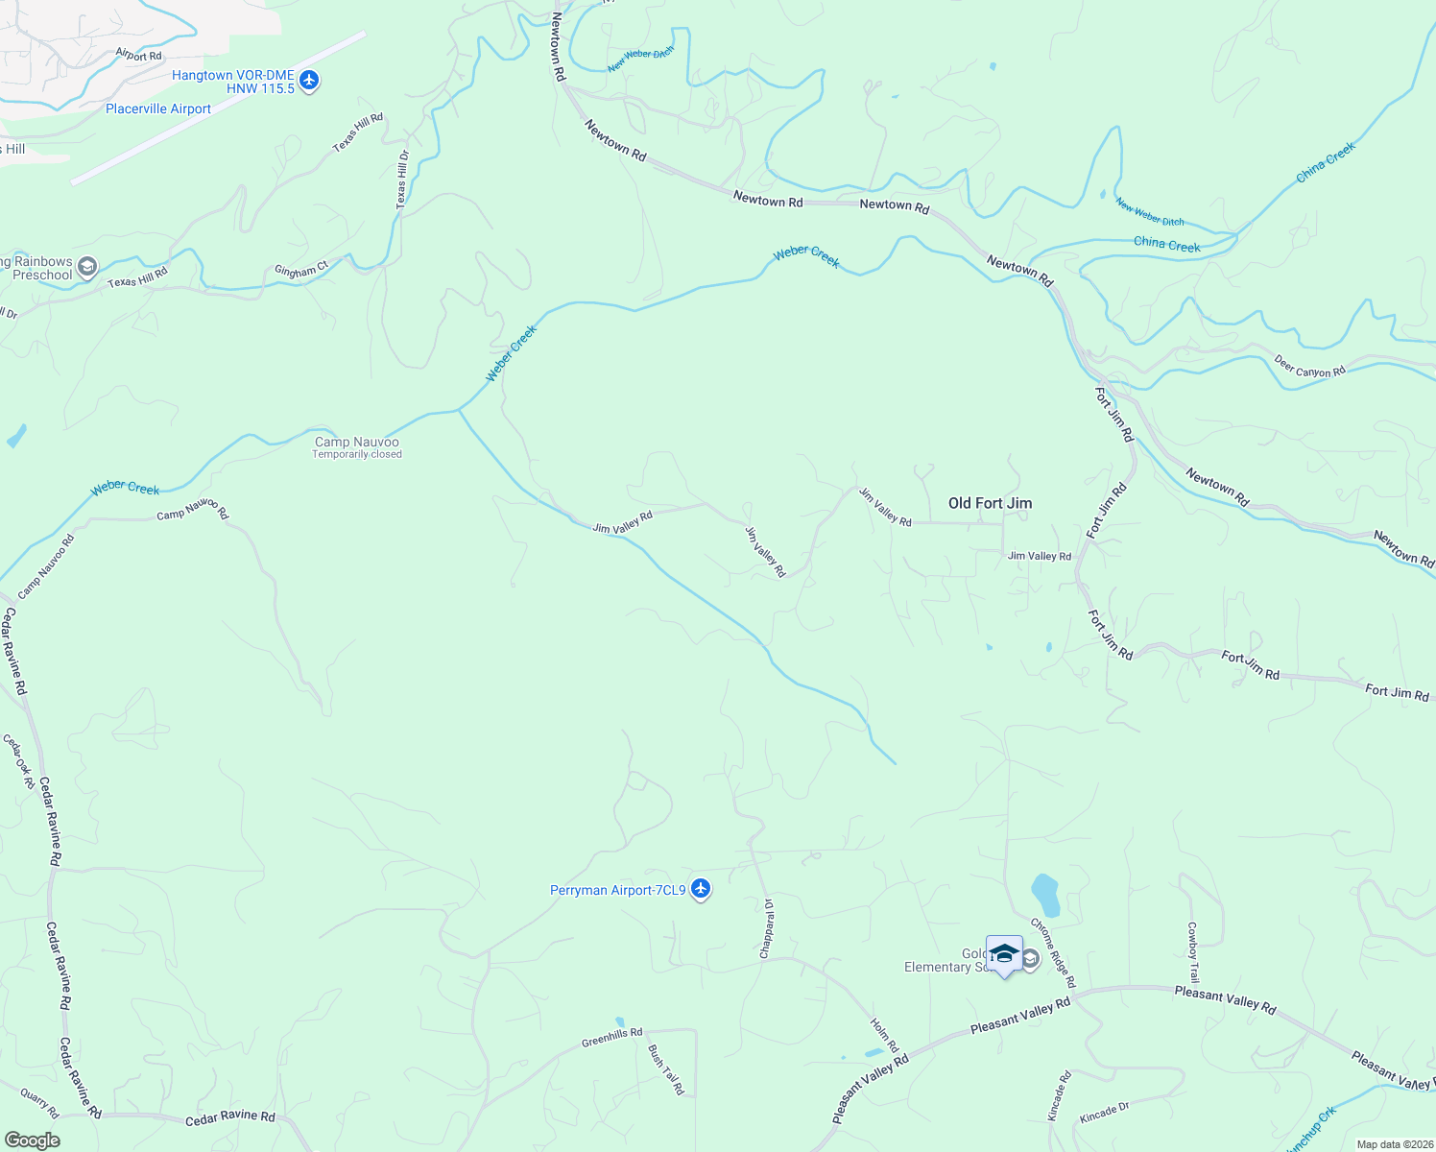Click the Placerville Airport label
(x=158, y=109)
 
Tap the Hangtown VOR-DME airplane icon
(x=308, y=81)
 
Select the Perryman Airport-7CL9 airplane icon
(x=701, y=890)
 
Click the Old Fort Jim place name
(x=990, y=503)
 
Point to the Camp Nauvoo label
(x=356, y=443)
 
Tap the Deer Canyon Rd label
(x=1309, y=367)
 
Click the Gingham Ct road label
(x=301, y=271)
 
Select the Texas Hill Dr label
(x=402, y=180)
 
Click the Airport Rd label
(x=138, y=56)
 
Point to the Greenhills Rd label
(x=611, y=1038)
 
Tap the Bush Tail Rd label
(x=666, y=1069)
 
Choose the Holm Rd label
(x=884, y=1035)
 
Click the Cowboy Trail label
(x=1192, y=952)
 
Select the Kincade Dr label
(x=1104, y=1113)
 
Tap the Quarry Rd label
(x=39, y=1103)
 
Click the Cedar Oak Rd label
(x=19, y=761)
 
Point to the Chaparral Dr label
(x=767, y=928)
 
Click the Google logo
(x=32, y=1140)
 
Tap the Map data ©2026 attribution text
(x=1394, y=1144)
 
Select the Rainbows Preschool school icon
(x=87, y=267)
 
